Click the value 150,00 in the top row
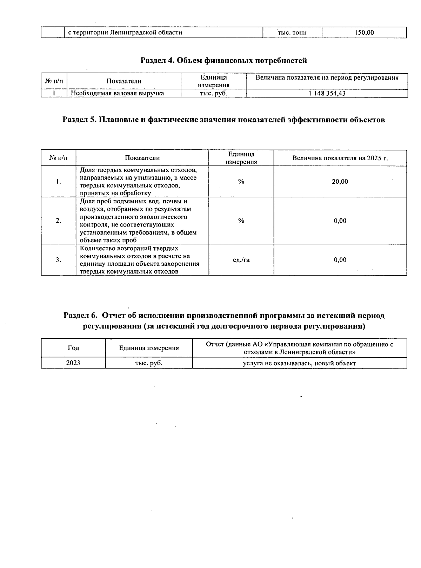(364, 33)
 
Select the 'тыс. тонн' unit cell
(292, 33)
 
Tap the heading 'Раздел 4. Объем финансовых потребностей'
(223, 61)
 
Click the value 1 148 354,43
(327, 93)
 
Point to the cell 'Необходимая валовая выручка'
(118, 93)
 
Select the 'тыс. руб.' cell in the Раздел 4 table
(213, 93)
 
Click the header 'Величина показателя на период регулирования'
(327, 78)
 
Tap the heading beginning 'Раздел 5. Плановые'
(223, 120)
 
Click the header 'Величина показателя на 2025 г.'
(340, 158)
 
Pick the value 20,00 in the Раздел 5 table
(340, 182)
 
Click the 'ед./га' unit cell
(241, 260)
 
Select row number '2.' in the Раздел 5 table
(58, 221)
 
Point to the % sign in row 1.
(241, 182)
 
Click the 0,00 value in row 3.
(340, 260)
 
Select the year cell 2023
(73, 363)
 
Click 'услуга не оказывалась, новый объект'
(299, 363)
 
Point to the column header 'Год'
(73, 348)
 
